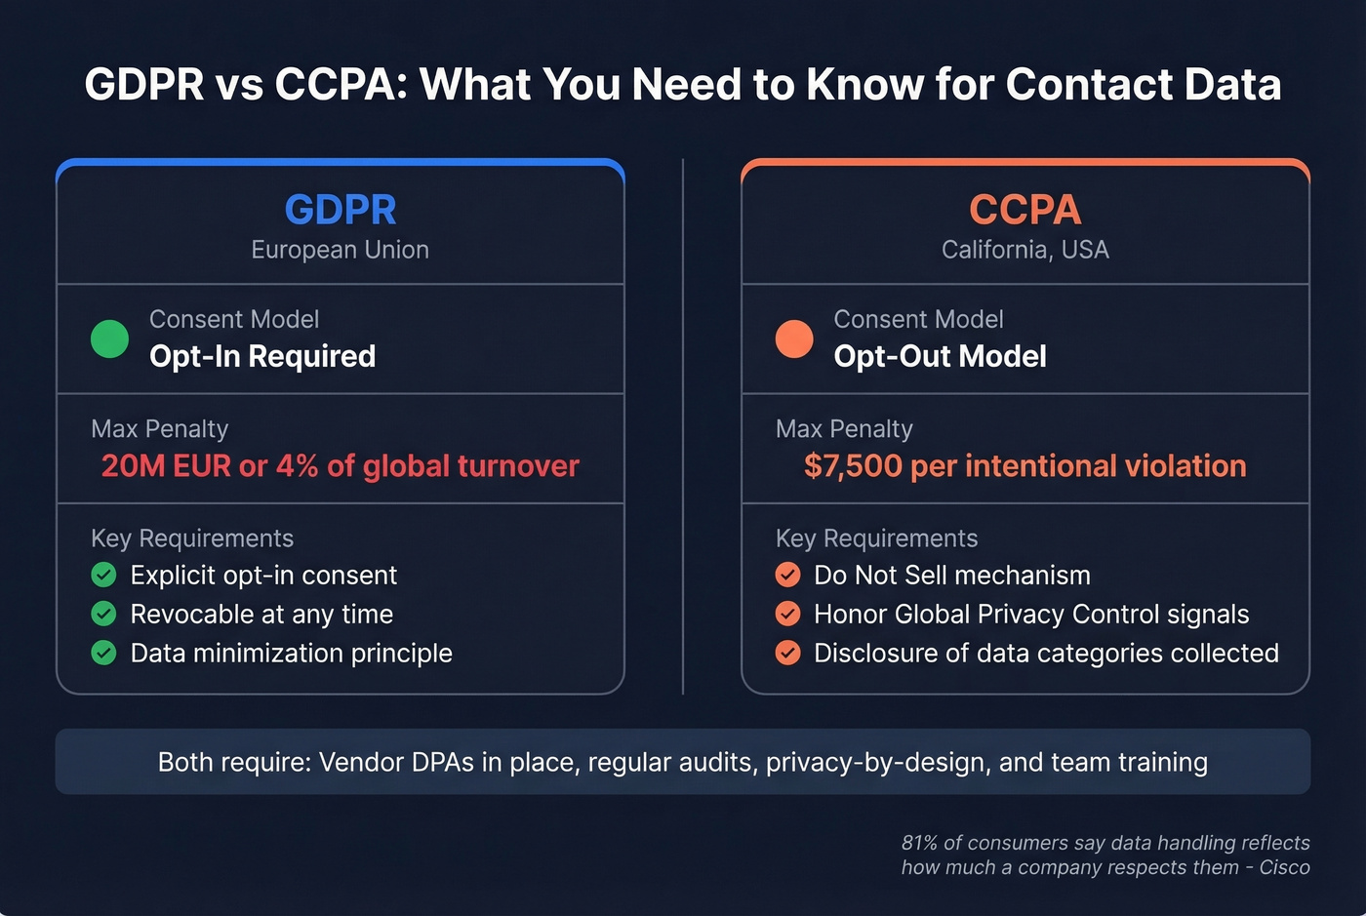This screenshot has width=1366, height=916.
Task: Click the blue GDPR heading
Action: click(x=340, y=210)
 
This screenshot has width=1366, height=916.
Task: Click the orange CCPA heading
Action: click(x=1024, y=210)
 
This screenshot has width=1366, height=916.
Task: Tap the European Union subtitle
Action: click(x=340, y=250)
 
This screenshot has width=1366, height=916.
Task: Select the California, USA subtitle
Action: click(x=1024, y=250)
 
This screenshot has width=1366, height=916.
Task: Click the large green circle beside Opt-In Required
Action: click(x=109, y=339)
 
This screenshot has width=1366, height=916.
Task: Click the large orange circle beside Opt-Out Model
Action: click(x=794, y=339)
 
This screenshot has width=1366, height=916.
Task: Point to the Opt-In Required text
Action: click(x=261, y=356)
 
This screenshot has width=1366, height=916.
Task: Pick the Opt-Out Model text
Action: click(x=940, y=356)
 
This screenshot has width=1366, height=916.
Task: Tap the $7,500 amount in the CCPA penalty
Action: click(x=853, y=466)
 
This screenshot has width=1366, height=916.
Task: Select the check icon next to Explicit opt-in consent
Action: click(x=103, y=575)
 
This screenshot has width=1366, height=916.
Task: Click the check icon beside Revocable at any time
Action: click(x=103, y=614)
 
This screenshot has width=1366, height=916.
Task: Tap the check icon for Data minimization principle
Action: click(x=103, y=653)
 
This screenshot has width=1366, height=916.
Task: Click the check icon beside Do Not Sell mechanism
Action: click(x=788, y=575)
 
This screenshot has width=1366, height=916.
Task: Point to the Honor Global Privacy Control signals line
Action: click(x=1031, y=614)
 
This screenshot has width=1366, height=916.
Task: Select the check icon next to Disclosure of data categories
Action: click(x=788, y=653)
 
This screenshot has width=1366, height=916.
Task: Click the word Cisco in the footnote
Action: click(x=1284, y=867)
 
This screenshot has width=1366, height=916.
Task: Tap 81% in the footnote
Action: click(x=919, y=843)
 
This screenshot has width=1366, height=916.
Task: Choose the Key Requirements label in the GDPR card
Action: click(x=192, y=538)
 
